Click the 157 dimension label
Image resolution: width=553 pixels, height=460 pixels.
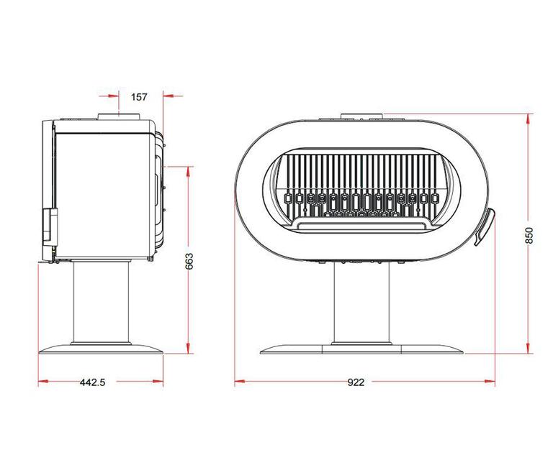[x=139, y=97]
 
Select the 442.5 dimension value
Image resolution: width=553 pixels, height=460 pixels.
[x=93, y=382]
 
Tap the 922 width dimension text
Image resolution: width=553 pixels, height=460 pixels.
[x=356, y=382]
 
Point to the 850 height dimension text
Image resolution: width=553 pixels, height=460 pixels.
[x=529, y=235]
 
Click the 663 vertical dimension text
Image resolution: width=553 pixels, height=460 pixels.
[x=189, y=261]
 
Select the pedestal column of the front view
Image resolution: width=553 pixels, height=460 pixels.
[x=362, y=303]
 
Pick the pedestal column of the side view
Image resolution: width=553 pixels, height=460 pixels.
[x=101, y=302]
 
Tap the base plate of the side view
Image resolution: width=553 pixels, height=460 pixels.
[x=101, y=349]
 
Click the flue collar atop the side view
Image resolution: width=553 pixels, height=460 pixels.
[x=119, y=117]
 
